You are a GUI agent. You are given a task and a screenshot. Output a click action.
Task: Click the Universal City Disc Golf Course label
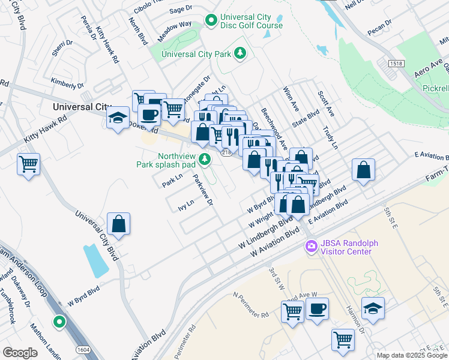(251, 21)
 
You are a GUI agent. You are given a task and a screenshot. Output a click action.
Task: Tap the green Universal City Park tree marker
(240, 54)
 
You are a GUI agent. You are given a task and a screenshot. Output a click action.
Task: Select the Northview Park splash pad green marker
(205, 159)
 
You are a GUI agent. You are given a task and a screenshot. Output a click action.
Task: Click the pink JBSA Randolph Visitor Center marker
(311, 246)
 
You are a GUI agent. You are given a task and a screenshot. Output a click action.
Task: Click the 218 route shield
(225, 154)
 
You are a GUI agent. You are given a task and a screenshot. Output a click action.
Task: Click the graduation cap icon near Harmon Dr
(373, 308)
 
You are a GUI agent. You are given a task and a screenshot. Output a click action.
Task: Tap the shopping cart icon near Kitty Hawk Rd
(29, 164)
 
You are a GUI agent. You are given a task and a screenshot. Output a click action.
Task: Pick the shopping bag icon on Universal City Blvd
(119, 224)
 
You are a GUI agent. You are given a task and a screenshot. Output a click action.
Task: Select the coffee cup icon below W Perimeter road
(318, 309)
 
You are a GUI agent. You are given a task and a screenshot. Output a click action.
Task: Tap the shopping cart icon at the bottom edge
(343, 340)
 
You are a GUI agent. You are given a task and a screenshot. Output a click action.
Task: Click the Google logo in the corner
(20, 353)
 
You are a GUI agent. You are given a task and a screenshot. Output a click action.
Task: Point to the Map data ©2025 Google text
(412, 355)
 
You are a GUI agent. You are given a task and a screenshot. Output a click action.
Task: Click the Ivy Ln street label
(185, 204)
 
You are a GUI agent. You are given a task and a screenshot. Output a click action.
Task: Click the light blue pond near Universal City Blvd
(94, 259)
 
